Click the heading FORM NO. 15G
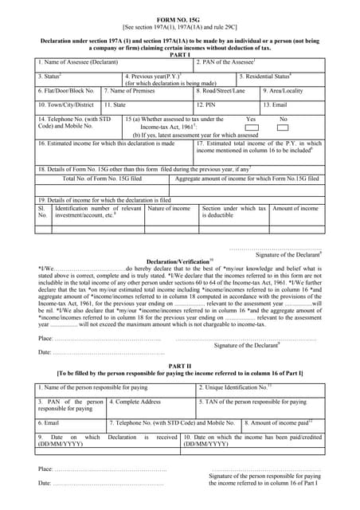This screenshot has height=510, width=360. click(180, 15)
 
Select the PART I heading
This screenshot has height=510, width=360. click(180, 54)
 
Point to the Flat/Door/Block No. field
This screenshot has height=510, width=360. click(68, 91)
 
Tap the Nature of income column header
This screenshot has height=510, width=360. click(170, 209)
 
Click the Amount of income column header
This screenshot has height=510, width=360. click(295, 209)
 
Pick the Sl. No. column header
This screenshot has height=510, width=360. click(43, 212)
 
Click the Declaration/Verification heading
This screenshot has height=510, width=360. click(180, 261)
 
